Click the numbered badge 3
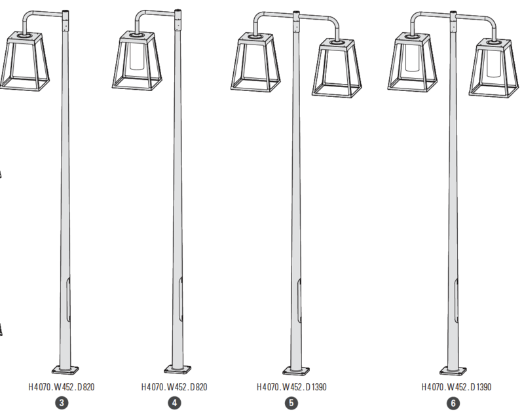pos(62,403)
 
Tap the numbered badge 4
pos(174,403)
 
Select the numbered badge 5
pos(291,403)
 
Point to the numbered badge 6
pos(453,403)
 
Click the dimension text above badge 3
pos(62,387)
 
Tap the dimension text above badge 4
pos(174,387)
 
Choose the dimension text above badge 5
pos(291,387)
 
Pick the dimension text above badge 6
pos(456,387)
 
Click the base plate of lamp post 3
pos(65,370)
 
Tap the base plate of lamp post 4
pos(178,369)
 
